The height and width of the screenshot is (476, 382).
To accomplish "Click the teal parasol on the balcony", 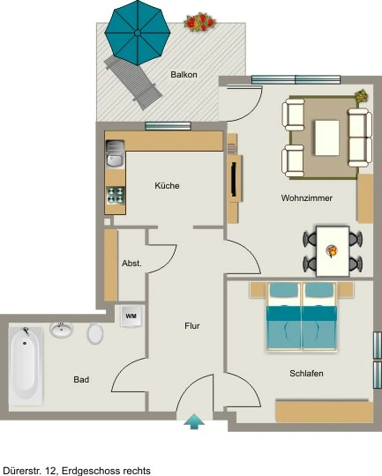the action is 138,33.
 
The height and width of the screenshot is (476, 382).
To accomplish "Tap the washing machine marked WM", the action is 131,316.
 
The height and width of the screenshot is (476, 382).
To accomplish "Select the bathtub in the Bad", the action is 26,366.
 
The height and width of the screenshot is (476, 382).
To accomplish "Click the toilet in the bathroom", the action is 94,333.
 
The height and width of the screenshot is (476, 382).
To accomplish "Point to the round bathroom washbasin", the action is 62,330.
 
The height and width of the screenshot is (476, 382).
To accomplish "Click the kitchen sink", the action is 115,153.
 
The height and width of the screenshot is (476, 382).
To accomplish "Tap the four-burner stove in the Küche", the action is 116,195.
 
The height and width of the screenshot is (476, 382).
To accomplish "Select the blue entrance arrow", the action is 194,421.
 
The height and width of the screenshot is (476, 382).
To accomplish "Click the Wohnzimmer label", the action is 307,198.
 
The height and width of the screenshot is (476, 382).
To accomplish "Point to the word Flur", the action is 192,326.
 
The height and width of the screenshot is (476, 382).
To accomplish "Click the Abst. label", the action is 131,264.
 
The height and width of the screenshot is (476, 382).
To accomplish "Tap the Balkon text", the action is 184,74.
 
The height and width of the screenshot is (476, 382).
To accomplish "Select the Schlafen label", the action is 306,374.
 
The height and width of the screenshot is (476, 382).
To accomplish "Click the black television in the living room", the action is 234,179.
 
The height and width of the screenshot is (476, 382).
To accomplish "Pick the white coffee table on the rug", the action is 327,138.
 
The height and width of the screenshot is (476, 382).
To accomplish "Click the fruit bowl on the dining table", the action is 332,251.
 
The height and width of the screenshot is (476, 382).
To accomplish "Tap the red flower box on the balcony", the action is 199,22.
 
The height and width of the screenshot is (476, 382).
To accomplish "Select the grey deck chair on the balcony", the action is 133,83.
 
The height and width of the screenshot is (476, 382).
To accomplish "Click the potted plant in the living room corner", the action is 362,95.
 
